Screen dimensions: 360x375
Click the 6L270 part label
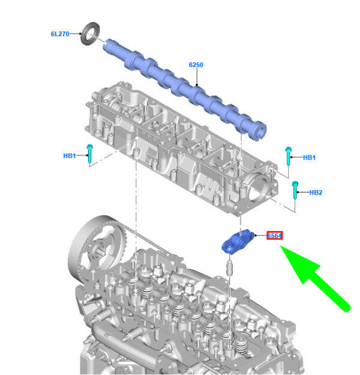click(60, 34)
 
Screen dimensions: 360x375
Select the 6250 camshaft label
click(196, 65)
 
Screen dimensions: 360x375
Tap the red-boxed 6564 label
click(275, 236)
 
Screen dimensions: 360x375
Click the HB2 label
click(316, 193)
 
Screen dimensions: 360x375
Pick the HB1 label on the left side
click(70, 156)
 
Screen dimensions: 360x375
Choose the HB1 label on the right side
click(309, 158)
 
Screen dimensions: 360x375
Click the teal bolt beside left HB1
click(90, 154)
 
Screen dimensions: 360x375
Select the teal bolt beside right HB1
click(289, 156)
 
